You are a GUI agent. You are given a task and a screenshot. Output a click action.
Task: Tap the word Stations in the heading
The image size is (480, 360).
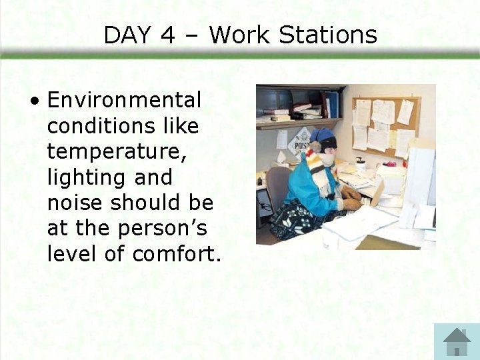328,35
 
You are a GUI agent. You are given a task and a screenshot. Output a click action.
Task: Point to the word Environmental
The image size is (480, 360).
124,101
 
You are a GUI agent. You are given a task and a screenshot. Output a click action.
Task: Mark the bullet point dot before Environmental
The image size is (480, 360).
34,101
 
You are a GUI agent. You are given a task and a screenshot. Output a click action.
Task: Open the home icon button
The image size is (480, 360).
457,341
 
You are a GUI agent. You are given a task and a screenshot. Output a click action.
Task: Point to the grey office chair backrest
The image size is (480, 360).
277,187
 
